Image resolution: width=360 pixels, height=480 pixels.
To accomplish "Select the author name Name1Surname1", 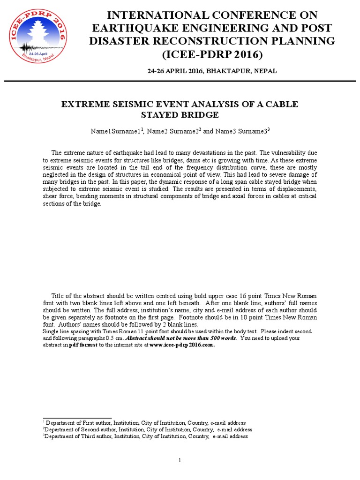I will pos(115,132).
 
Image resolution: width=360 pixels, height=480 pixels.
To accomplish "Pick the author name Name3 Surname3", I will pos(241,132).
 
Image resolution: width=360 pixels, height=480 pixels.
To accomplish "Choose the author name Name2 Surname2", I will pos(172,132).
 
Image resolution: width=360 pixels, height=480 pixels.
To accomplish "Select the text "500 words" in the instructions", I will pos(223,338).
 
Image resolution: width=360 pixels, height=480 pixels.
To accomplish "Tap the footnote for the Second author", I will pos(147,429).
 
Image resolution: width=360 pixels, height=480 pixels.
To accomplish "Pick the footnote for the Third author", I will pos(145,436).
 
